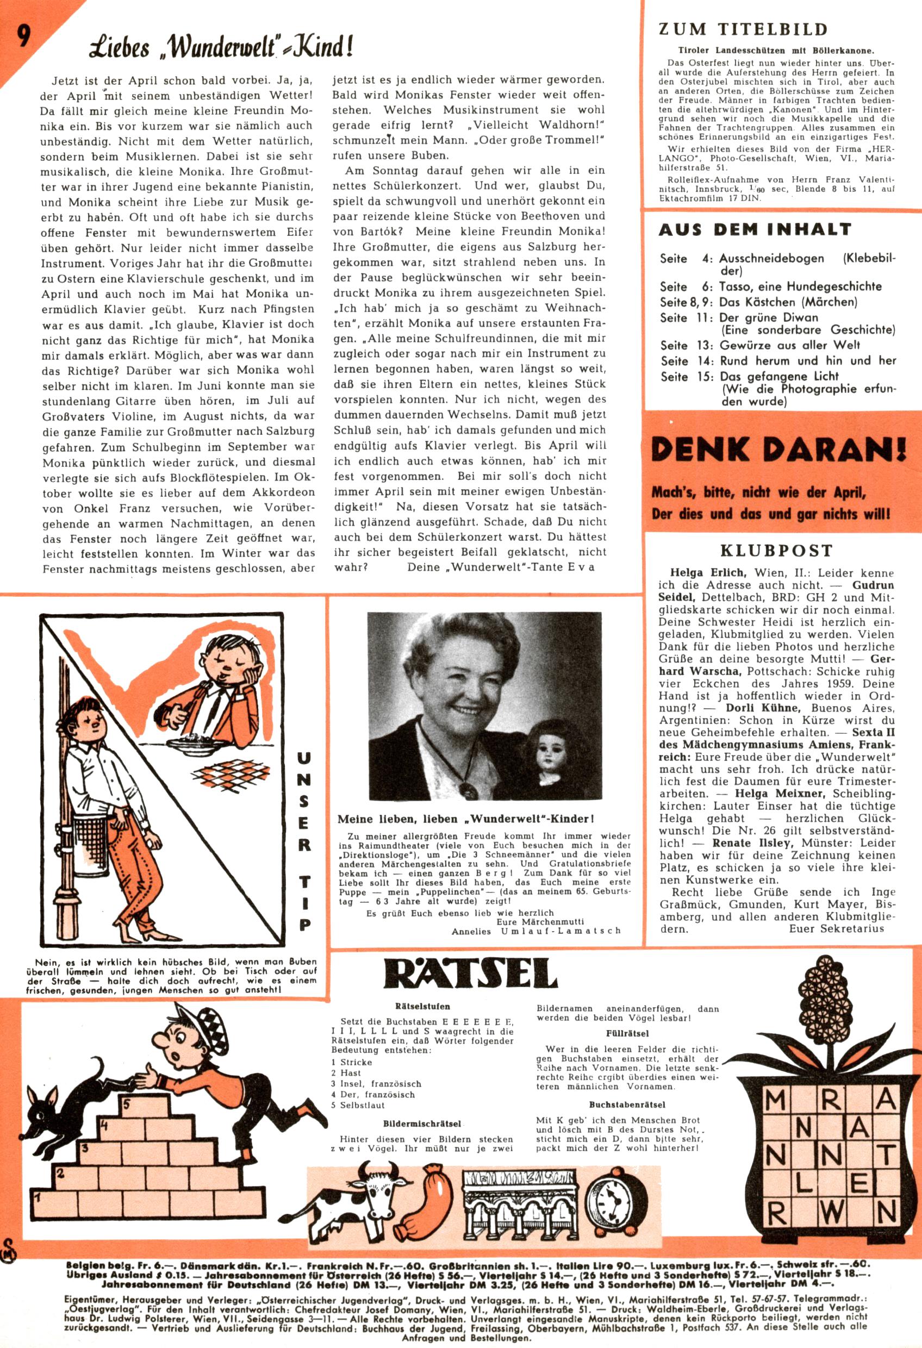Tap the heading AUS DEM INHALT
[x=755, y=230]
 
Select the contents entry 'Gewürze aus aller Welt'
[x=782, y=345]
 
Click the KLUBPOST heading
[x=776, y=550]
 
